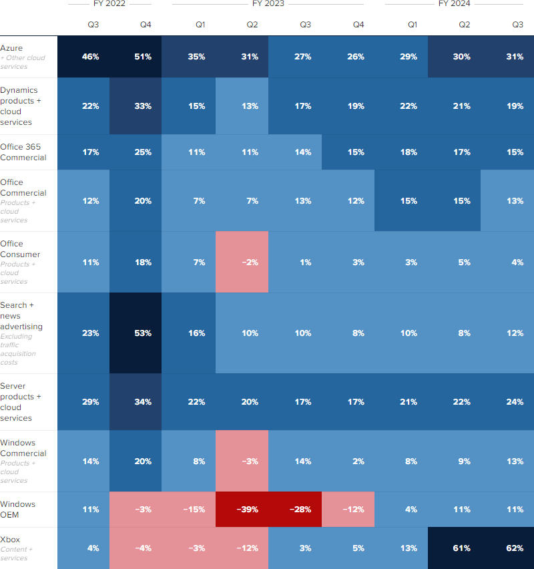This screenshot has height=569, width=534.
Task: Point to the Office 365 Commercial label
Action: tap(23, 152)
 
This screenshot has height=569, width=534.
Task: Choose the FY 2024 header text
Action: tap(454, 4)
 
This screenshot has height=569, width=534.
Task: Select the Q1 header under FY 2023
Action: tap(200, 25)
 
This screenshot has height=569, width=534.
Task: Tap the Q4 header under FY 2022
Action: tap(146, 25)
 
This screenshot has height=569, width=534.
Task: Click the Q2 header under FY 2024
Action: tap(465, 25)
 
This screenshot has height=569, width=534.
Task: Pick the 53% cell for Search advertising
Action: tap(143, 333)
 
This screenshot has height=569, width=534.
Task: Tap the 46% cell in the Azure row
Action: tap(90, 57)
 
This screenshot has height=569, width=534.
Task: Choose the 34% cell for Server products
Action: tap(143, 402)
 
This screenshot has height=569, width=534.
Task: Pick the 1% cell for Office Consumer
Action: tap(304, 262)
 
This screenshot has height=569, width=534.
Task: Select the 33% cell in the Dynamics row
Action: tap(143, 106)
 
